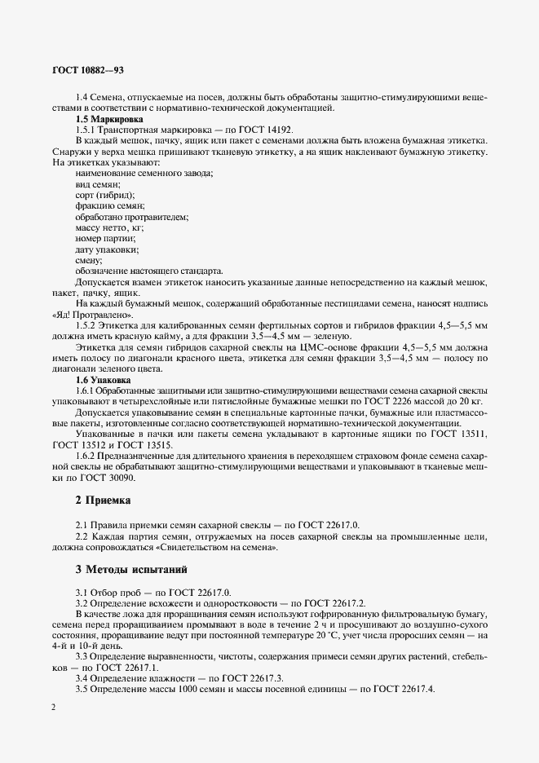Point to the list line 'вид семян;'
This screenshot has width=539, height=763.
tap(98, 185)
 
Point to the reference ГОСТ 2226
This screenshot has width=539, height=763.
tap(384, 402)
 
